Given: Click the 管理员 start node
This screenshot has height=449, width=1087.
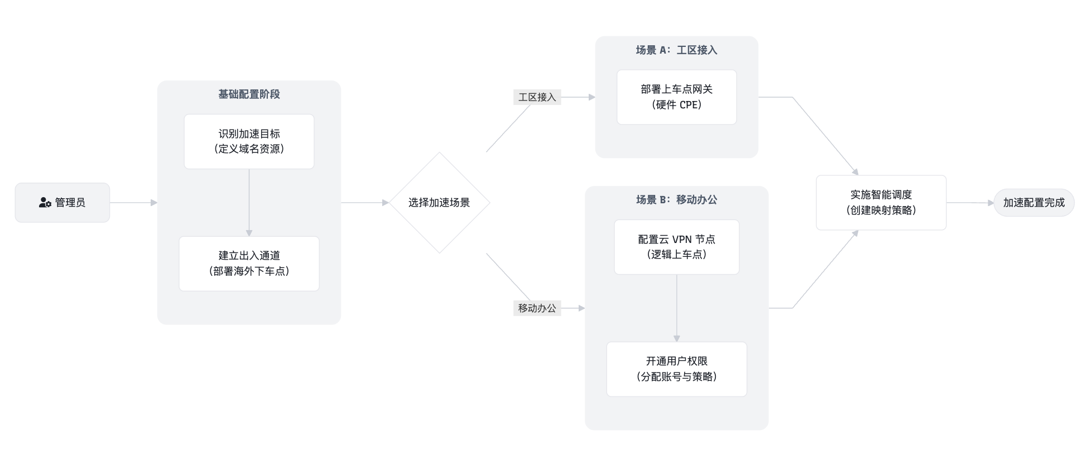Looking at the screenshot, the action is [62, 203].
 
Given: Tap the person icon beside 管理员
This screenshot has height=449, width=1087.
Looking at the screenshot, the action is [45, 203].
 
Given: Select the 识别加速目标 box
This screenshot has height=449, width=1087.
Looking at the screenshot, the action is [249, 141].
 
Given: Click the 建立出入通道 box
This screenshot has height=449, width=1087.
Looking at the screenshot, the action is [249, 264].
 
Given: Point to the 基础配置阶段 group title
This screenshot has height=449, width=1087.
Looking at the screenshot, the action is [249, 94].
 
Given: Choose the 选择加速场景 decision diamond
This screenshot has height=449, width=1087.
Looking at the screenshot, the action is [439, 203].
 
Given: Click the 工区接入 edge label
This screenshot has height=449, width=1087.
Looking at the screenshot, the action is [537, 97].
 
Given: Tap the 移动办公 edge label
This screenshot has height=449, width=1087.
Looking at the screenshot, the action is [537, 308].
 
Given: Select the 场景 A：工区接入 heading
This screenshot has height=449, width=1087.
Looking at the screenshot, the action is [676, 50].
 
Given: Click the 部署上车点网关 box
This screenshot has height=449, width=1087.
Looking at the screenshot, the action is [676, 97].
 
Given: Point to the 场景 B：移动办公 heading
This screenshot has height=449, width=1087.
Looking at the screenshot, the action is [676, 200].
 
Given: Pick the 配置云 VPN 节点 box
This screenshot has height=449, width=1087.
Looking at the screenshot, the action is [676, 247].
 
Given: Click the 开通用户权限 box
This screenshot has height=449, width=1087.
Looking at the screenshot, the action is [676, 369].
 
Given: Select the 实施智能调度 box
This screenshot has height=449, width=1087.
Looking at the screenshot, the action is [881, 203].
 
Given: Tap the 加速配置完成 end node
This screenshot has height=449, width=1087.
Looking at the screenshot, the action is [1034, 203].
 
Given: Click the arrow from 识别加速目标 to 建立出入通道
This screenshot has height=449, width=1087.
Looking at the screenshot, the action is [249, 203].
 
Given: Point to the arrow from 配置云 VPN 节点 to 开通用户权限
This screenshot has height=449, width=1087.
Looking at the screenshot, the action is [676, 308].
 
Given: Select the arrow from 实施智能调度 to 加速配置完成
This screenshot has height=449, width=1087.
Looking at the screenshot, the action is [970, 203].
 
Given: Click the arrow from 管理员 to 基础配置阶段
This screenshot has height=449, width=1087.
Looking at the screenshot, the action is [134, 203].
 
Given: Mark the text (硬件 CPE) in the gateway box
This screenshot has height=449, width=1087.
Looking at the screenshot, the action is [676, 105].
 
